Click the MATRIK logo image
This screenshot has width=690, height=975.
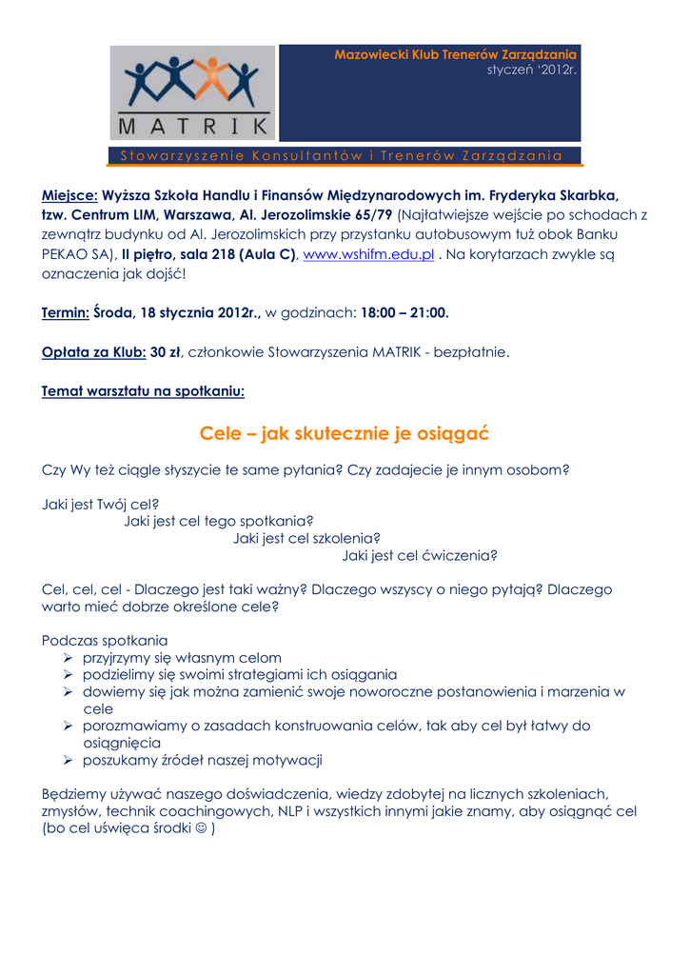click(192, 93)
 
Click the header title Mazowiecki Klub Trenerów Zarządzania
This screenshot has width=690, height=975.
click(455, 55)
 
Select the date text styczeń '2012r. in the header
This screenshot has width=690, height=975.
click(532, 70)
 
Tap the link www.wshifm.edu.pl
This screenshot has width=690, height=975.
click(368, 254)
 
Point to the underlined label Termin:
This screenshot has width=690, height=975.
click(67, 312)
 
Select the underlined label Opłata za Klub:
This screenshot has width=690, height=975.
click(94, 351)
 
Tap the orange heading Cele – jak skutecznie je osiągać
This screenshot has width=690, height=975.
click(345, 433)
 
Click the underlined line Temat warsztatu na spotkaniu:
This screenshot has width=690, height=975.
click(144, 390)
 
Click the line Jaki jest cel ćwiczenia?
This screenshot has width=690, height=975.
click(421, 556)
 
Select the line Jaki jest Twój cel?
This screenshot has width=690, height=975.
click(101, 504)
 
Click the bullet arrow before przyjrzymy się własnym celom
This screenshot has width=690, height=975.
click(69, 658)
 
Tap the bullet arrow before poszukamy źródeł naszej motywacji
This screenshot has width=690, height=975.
click(69, 760)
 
